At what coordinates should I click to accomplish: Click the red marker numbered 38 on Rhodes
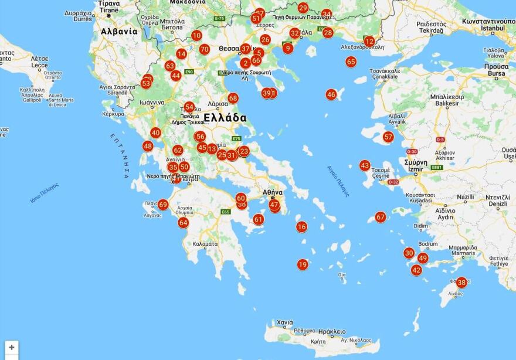[461, 282]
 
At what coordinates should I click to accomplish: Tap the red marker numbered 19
[303, 264]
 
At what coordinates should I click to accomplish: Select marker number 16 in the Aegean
[301, 227]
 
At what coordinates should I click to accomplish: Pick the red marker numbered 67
[381, 217]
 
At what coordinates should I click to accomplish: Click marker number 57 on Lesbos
[388, 137]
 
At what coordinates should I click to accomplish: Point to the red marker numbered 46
[331, 94]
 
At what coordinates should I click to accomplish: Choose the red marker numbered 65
[351, 62]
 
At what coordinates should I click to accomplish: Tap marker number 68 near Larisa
[233, 98]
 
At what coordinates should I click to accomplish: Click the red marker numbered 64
[184, 223]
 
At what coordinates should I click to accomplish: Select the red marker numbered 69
[163, 205]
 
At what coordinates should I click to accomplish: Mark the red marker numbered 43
[365, 166]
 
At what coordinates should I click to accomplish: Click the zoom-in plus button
[11, 348]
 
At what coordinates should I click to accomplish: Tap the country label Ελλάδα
[225, 117]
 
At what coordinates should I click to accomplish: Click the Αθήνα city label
[273, 192]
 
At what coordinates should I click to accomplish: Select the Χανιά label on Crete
[284, 322]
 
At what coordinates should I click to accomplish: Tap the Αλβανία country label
[119, 32]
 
